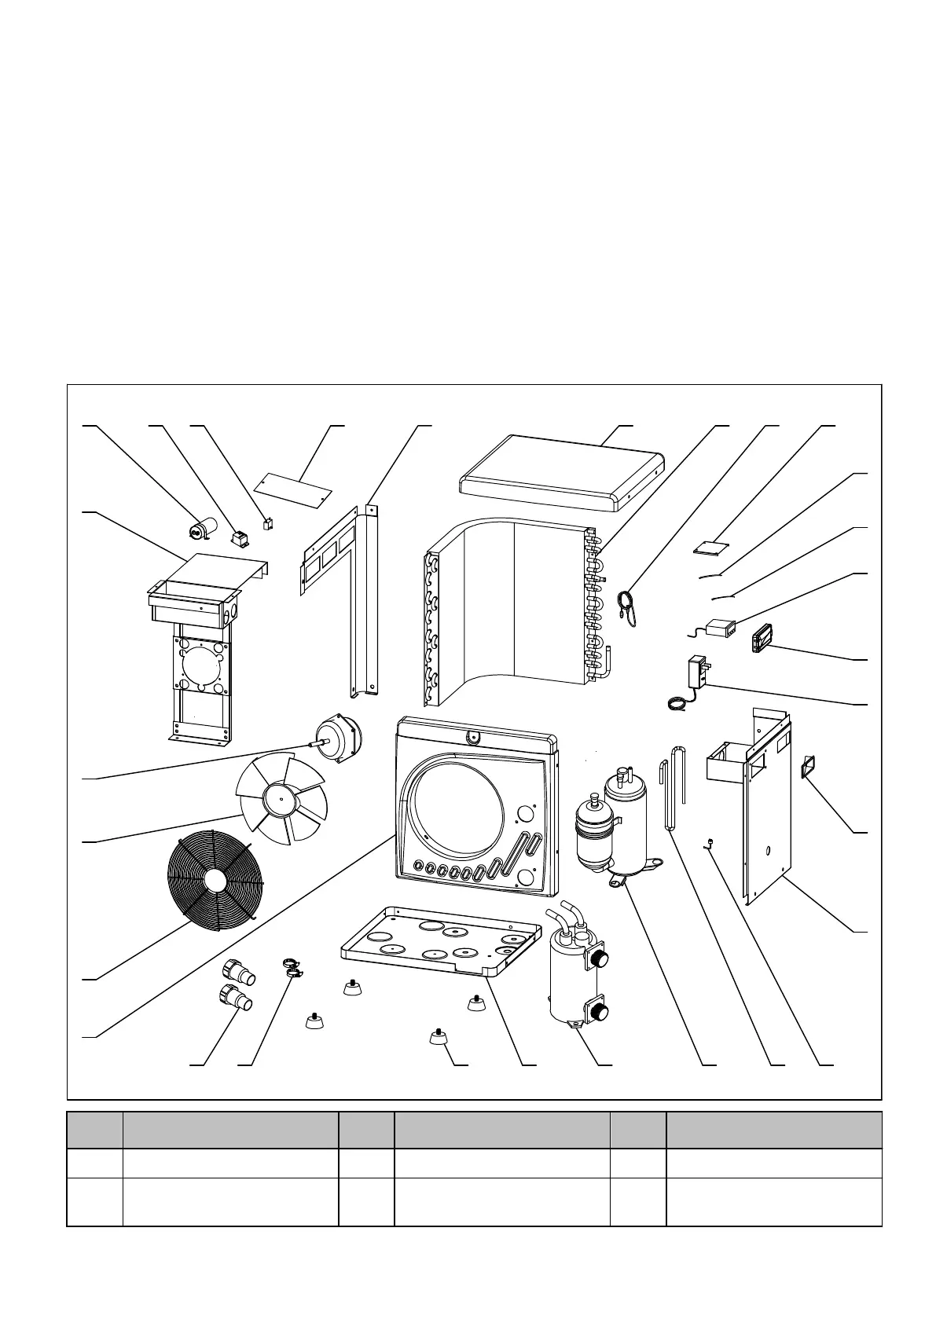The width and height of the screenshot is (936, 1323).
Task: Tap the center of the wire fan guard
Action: click(x=213, y=880)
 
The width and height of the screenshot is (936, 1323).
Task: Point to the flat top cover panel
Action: click(x=558, y=471)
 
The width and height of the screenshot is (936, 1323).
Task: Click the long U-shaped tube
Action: click(x=672, y=786)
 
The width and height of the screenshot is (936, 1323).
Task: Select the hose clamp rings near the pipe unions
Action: click(x=292, y=968)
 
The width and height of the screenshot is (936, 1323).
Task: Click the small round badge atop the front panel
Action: click(x=472, y=736)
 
